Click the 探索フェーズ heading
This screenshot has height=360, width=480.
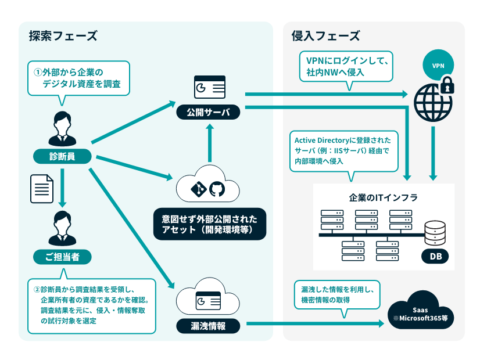point(63,36)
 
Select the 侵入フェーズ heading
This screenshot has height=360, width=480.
point(325,36)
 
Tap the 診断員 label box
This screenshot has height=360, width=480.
point(62,156)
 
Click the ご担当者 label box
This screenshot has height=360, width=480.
point(62,255)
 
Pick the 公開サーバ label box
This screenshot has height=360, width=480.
point(209,113)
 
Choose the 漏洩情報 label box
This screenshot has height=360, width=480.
point(209,326)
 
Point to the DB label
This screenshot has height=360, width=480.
point(435,256)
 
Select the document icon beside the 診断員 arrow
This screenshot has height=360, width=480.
point(41,189)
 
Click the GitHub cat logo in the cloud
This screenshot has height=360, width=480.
point(216,189)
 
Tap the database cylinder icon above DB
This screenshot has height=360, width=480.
point(435,233)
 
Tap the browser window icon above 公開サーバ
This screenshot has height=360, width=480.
point(209,88)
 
